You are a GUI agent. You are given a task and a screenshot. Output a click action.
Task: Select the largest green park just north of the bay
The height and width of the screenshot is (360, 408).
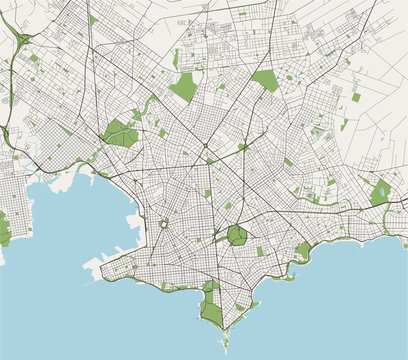click(120, 134)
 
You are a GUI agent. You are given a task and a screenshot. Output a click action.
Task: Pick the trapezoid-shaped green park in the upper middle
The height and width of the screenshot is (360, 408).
click(264, 79)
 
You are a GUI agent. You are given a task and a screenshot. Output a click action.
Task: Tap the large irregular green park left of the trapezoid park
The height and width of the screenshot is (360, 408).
click(184, 87)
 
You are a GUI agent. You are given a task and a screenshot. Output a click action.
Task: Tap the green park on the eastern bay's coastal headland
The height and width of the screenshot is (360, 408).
click(302, 251)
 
